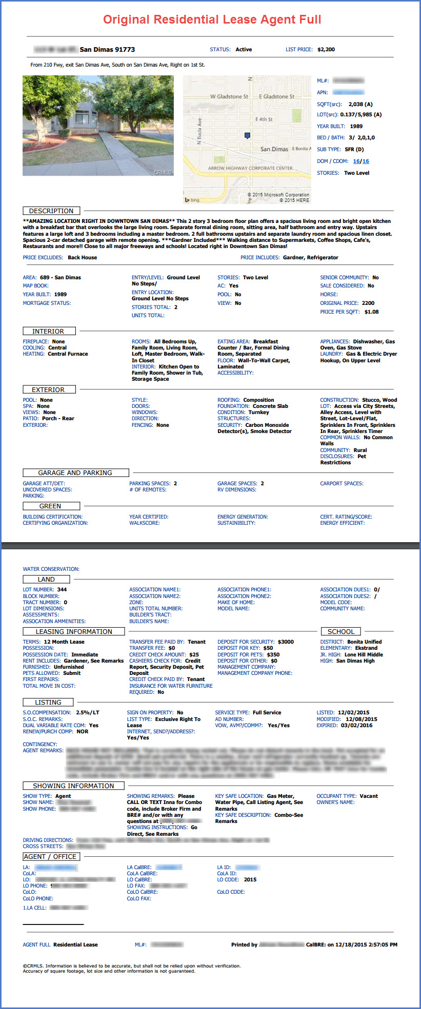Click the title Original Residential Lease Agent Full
[212, 20]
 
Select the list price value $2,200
[326, 50]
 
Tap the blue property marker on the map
[247, 136]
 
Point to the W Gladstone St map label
[229, 96]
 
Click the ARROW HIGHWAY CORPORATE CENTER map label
[250, 168]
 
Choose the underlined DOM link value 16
[356, 161]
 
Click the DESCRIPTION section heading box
[51, 211]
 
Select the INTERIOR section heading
[49, 332]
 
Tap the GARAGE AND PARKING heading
[75, 473]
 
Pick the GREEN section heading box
[50, 506]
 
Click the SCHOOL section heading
[341, 632]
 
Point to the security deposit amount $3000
[286, 642]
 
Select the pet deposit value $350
[273, 655]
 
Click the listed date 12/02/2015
[354, 713]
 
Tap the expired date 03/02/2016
[357, 726]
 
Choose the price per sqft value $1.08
[372, 312]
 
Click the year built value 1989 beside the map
[356, 126]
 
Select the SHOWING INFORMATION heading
[73, 786]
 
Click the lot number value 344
[62, 590]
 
